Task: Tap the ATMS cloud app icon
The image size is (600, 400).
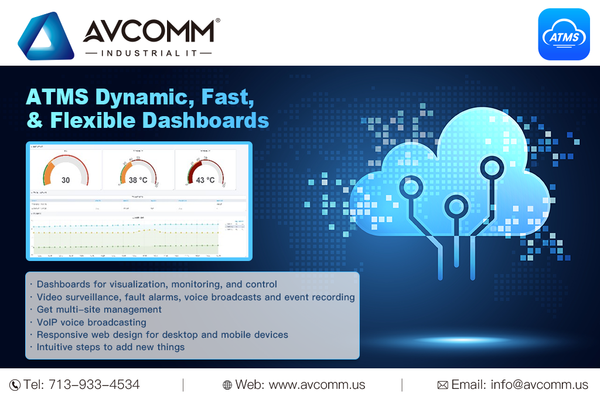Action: point(564,35)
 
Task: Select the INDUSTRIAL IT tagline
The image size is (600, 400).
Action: point(148,53)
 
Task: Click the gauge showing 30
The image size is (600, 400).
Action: point(66,170)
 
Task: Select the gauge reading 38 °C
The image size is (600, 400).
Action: point(138,170)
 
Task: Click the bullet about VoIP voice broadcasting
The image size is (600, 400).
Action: point(91,322)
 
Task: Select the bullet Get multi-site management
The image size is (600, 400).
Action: point(98,309)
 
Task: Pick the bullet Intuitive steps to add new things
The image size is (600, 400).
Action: point(110,347)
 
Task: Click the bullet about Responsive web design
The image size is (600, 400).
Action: point(162,334)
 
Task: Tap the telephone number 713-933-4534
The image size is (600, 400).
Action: point(94,385)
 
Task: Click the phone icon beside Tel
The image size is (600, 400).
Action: point(15,385)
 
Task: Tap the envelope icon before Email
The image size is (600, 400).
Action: point(443,385)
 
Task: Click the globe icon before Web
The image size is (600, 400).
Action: point(227,385)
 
